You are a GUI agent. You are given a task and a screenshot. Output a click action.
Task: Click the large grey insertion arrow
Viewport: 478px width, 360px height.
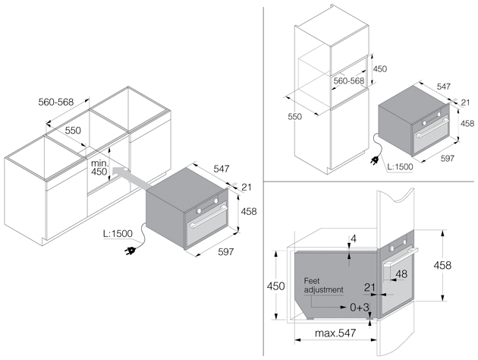(x=131, y=178)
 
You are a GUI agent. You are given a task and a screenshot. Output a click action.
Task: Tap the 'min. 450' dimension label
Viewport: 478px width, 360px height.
(x=99, y=168)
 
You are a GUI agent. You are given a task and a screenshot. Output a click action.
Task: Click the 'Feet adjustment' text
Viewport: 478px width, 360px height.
(x=323, y=286)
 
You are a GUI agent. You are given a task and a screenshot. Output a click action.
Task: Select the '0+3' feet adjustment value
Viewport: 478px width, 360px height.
(x=360, y=308)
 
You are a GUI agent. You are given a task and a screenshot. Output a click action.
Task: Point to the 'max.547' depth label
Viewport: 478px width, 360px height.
(x=335, y=333)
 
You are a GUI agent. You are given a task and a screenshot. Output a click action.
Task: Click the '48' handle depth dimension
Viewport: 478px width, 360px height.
(x=401, y=274)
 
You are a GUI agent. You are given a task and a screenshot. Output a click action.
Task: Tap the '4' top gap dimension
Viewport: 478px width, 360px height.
(x=354, y=238)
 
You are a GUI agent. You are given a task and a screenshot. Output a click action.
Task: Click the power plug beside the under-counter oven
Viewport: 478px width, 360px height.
(x=130, y=251)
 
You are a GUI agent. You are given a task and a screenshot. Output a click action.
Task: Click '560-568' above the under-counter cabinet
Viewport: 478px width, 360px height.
(x=56, y=102)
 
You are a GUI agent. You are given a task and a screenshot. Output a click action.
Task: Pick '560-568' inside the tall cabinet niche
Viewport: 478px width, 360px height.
(x=349, y=81)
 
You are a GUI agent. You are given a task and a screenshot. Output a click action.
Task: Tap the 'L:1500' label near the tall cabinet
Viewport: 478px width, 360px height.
(x=400, y=166)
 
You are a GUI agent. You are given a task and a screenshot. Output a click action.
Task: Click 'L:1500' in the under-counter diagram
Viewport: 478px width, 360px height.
(x=118, y=234)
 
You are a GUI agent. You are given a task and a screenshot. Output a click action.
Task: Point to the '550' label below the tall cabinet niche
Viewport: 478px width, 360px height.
(x=295, y=116)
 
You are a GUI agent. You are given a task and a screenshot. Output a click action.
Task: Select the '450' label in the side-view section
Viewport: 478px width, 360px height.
(x=276, y=286)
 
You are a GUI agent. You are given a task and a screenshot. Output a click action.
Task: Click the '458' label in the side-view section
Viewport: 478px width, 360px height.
(x=442, y=265)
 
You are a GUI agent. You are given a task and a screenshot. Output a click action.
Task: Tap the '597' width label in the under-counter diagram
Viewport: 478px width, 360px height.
(x=226, y=251)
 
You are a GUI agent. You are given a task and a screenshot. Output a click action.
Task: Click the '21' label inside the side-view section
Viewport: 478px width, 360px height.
(x=370, y=287)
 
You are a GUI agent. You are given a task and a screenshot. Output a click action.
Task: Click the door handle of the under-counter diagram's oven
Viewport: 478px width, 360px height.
(x=208, y=217)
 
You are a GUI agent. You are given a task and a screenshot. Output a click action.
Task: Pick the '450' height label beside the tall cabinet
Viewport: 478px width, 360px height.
(x=380, y=69)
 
